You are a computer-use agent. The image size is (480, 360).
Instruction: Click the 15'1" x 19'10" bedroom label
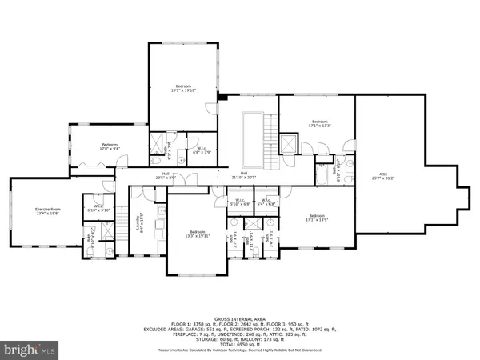click(185, 87)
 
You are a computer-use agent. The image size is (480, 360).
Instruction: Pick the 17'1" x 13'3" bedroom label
click(318, 124)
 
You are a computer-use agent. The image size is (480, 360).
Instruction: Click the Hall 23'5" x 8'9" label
click(165, 175)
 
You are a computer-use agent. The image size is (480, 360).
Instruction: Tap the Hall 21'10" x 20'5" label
click(243, 175)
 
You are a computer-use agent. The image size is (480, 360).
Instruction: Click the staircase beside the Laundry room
click(125, 228)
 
